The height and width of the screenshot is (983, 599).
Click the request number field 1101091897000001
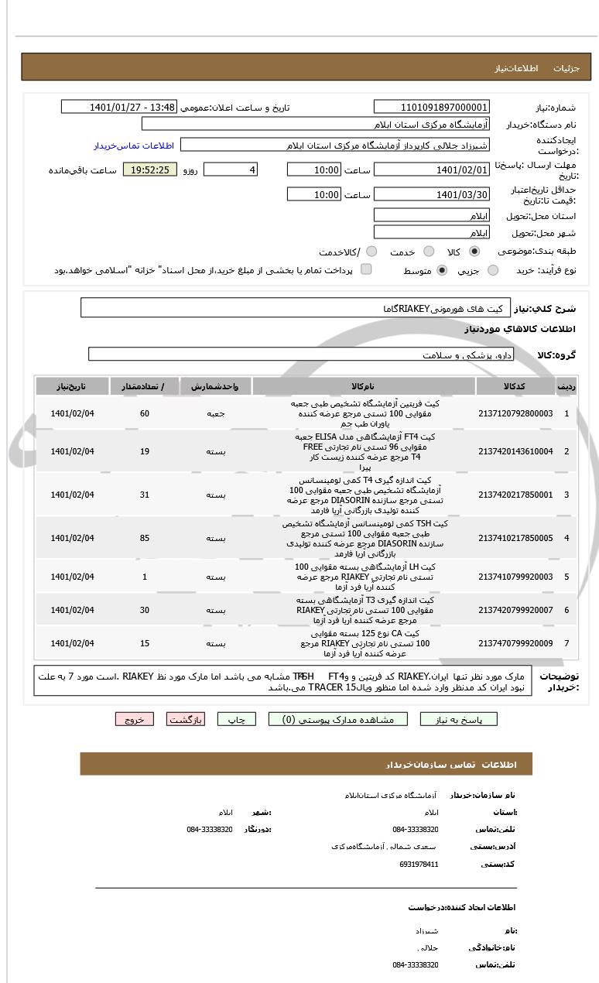pos(431,108)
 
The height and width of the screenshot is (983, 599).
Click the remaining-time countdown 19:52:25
pos(150,170)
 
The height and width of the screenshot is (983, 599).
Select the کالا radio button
pos(474,252)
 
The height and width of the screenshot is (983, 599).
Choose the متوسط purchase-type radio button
pos(442,270)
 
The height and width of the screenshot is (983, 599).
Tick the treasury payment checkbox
pos(366,269)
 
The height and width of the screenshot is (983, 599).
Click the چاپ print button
pos(237,719)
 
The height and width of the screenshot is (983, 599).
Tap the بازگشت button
pos(186,719)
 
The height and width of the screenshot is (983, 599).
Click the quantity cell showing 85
pos(145,538)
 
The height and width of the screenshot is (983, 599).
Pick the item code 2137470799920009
pos(515,643)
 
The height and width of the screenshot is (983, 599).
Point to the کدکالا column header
pos(515,385)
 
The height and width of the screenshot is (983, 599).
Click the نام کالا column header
pos(363,385)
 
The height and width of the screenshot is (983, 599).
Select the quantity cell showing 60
pos(145,413)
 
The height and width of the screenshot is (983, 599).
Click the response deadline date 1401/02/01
pos(431,170)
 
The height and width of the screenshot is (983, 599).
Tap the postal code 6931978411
pos(419,864)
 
